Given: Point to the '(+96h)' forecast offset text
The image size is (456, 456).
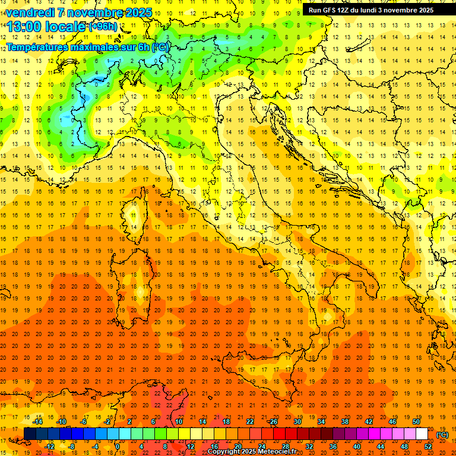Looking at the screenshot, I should coord(103,27).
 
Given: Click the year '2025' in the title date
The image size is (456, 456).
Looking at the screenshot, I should coord(138,12).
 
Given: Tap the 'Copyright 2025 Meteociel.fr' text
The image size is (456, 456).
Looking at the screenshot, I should coord(252,452).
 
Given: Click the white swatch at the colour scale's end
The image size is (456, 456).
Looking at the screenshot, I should coord(422,434).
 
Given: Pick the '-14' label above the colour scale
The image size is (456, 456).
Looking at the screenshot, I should coord(38,422).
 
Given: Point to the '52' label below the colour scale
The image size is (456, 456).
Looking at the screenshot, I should coord(428,446).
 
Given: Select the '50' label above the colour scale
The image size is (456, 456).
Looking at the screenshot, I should coord(416,422).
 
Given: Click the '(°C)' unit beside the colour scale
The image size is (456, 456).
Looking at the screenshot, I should coord(442,435).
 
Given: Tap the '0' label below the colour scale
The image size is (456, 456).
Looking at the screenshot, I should coord(118,446).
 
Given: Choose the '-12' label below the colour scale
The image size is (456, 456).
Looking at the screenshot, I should coord(50,446).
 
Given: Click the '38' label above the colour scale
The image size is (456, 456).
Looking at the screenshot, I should coord(345,422).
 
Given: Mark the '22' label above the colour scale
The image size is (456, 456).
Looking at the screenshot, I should coord(250,422).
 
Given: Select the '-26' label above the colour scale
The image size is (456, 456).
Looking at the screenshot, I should coord(273,422).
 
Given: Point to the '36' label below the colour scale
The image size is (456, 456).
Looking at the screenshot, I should coord(333,446).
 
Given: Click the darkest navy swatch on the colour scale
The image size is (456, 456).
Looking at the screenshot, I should coord(30,434).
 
